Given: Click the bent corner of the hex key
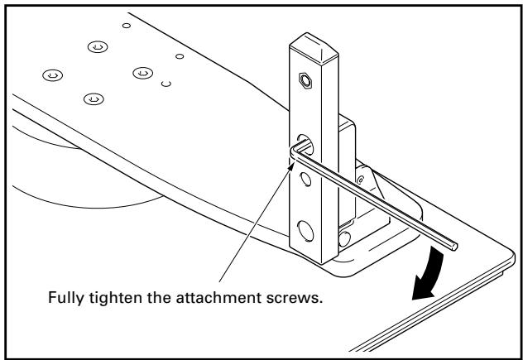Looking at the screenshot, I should click(294, 150).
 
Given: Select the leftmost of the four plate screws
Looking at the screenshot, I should click(52, 75).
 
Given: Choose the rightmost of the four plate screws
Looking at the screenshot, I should click(140, 73).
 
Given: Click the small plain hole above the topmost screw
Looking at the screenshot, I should click(126, 26).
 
